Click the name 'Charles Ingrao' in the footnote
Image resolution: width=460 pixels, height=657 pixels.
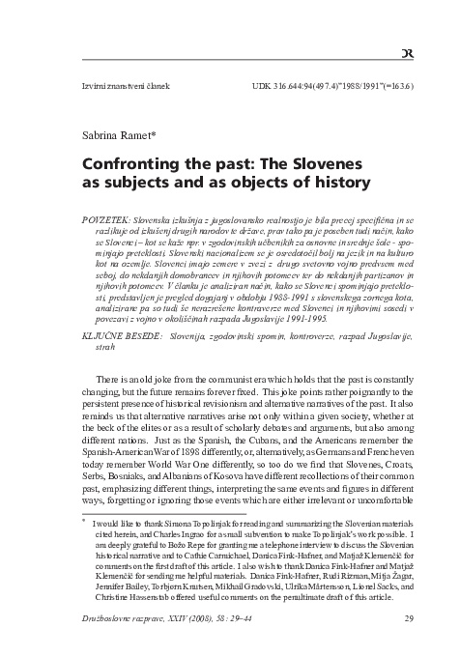[172, 534]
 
